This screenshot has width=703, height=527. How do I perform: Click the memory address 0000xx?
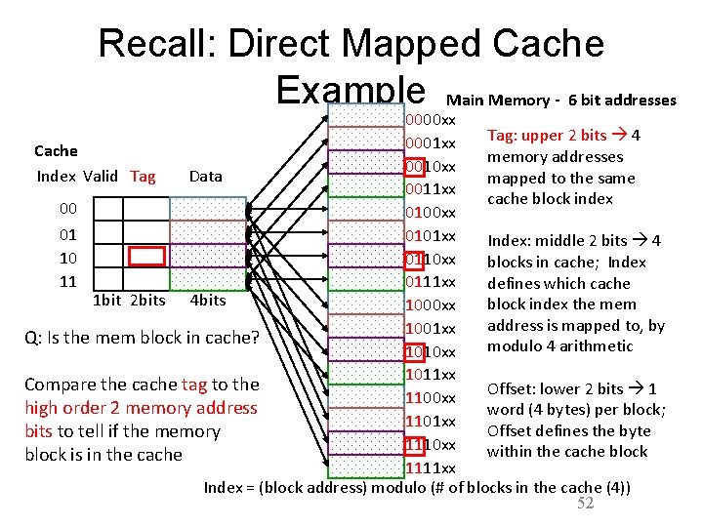coord(431,120)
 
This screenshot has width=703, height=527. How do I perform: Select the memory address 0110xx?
coord(431,260)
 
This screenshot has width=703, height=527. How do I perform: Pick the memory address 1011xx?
coord(431,375)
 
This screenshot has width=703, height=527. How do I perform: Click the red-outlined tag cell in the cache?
coord(147,257)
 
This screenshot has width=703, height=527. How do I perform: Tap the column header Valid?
coord(101,177)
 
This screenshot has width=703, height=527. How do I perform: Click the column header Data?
coord(205,177)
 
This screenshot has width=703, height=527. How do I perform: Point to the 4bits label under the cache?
coord(208,301)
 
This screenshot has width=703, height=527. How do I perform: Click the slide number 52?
coord(586,504)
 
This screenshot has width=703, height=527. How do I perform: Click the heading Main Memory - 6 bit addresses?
coord(560,100)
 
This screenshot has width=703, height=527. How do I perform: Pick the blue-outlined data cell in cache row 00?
coord(208,209)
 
